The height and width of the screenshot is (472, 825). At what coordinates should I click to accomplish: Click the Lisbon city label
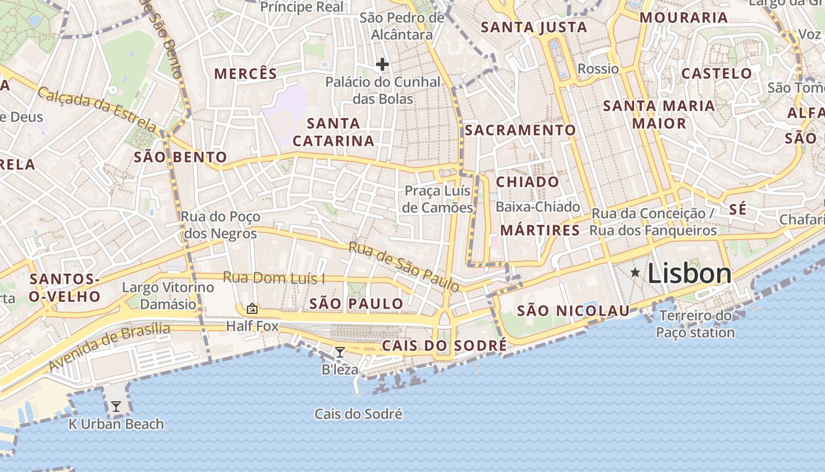[x=689, y=274]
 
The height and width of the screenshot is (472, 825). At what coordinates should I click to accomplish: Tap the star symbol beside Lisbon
[x=635, y=272]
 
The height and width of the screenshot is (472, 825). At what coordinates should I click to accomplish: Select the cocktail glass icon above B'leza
[x=340, y=352]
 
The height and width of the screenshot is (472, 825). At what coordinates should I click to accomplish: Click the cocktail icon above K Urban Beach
[x=116, y=406]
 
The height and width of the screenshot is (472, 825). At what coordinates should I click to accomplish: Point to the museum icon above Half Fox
[x=252, y=308]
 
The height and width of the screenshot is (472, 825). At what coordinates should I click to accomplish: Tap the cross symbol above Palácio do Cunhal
[x=382, y=64]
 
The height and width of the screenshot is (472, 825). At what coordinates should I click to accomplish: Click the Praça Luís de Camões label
[x=438, y=199]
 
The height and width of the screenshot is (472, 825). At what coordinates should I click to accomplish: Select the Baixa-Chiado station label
[x=537, y=207]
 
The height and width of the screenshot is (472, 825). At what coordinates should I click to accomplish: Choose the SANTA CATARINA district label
[x=334, y=132]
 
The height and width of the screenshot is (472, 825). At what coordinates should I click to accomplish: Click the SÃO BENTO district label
[x=180, y=157]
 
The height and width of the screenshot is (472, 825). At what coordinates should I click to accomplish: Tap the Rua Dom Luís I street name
[x=274, y=278]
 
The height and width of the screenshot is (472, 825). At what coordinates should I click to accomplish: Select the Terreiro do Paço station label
[x=695, y=324]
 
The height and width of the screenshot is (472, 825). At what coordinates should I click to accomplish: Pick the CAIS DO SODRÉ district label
[x=444, y=346]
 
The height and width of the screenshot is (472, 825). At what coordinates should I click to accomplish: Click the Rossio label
[x=598, y=68]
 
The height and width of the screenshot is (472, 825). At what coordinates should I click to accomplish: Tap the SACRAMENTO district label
[x=520, y=130]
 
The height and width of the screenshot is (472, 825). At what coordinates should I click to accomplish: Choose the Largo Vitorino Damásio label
[x=168, y=296]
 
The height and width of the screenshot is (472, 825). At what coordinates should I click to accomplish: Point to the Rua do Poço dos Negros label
[x=220, y=225]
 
